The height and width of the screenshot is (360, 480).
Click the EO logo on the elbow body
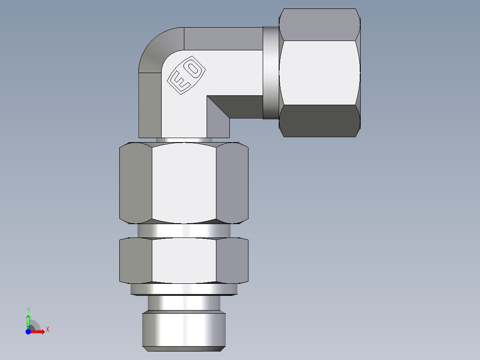pyautogui.click(x=186, y=76)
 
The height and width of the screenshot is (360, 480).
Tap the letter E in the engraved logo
pyautogui.click(x=179, y=83)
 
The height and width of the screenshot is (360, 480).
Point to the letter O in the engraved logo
pyautogui.click(x=194, y=69)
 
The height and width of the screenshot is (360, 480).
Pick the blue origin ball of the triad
pyautogui.click(x=28, y=331)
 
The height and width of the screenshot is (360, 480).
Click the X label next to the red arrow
pyautogui.click(x=47, y=330)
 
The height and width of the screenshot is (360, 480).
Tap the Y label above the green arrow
pyautogui.click(x=28, y=310)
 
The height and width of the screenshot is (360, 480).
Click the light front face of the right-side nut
pyautogui.click(x=319, y=73)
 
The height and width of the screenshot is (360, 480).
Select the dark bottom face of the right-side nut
pyautogui.click(x=319, y=121)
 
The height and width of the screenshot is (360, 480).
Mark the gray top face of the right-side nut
pyautogui.click(x=319, y=25)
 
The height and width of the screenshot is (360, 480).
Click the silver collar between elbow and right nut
pyautogui.click(x=271, y=73)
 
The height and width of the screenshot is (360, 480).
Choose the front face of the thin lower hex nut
pyautogui.click(x=184, y=261)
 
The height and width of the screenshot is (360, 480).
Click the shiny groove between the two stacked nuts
pyautogui.click(x=184, y=230)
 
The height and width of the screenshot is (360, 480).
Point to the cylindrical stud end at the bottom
pyautogui.click(x=184, y=330)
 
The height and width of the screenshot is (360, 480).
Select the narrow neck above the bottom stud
pyautogui.click(x=184, y=303)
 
